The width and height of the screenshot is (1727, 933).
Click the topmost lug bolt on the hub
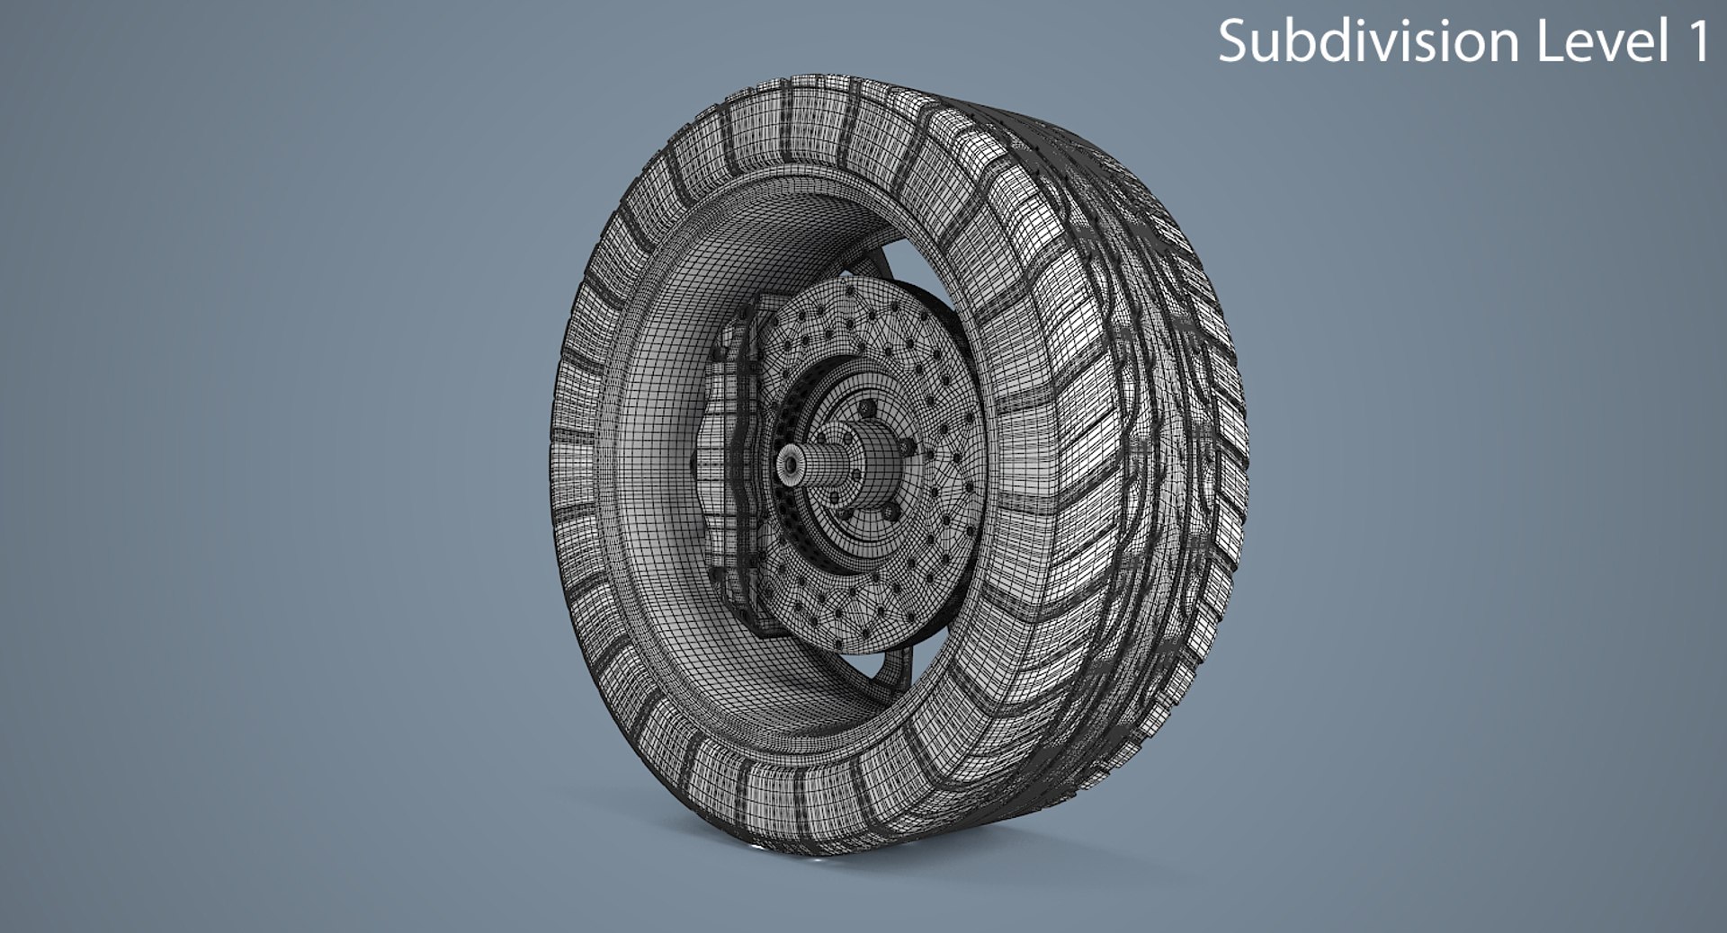(867, 408)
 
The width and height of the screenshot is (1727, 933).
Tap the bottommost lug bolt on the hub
(890, 512)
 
